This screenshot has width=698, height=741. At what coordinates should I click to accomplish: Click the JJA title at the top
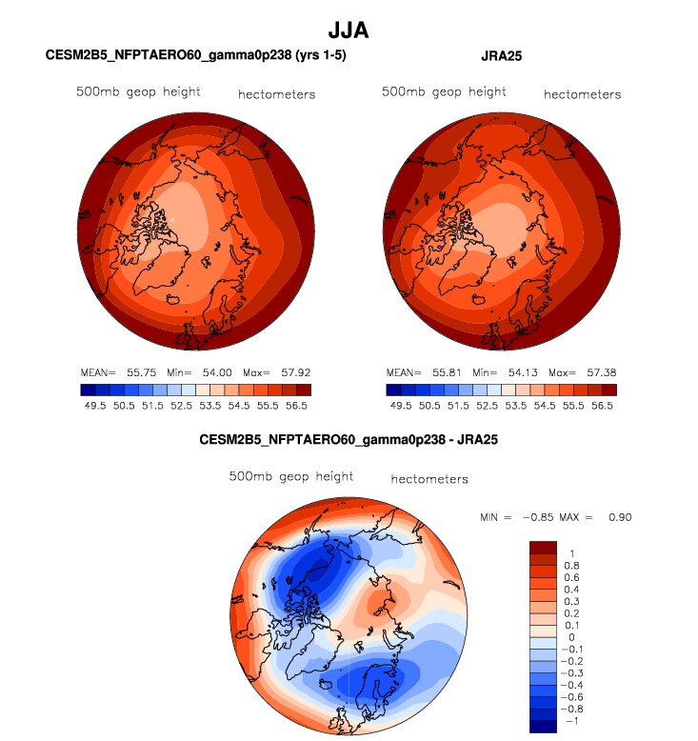(x=349, y=30)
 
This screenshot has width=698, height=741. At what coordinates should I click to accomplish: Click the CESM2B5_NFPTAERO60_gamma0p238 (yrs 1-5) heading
(x=196, y=56)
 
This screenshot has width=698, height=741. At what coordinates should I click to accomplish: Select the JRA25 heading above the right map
(x=502, y=56)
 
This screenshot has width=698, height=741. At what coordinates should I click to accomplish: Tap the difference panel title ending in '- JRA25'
(x=349, y=441)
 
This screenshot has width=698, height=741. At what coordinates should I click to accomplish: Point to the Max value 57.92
(x=291, y=372)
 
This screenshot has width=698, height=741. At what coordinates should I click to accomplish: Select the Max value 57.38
(x=597, y=372)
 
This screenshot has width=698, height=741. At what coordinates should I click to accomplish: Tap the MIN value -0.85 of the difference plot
(x=541, y=517)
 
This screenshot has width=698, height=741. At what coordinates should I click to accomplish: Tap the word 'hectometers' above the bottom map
(x=429, y=479)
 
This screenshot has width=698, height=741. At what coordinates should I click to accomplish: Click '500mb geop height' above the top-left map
(x=138, y=92)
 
